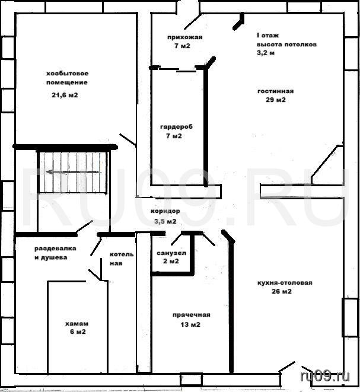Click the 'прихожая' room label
[x=184, y=37]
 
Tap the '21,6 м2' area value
[x=65, y=95]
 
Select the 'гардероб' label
[x=176, y=127]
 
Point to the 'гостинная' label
[x=275, y=91]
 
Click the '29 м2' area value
[x=276, y=100]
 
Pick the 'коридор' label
[x=165, y=211]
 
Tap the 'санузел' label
[x=171, y=253]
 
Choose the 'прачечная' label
[x=191, y=315]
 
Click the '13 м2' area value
[x=190, y=324]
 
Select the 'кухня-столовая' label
[x=285, y=283]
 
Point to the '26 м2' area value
[x=282, y=291]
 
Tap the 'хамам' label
[x=77, y=323]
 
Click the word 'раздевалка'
[x=55, y=248]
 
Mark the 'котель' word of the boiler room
[x=122, y=254]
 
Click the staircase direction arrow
[x=74, y=172]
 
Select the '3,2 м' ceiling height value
[x=266, y=53]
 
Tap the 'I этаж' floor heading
[x=267, y=36]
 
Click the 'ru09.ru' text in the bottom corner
[x=325, y=376]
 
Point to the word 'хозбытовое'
[x=67, y=74]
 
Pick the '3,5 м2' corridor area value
[x=165, y=221]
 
